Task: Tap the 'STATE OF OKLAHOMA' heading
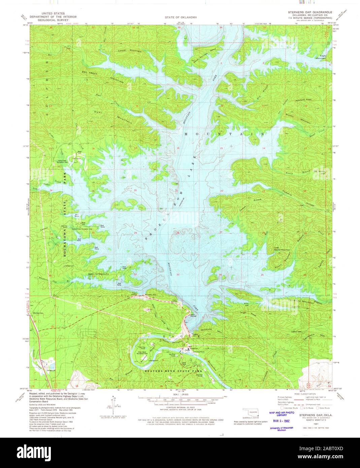181,17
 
